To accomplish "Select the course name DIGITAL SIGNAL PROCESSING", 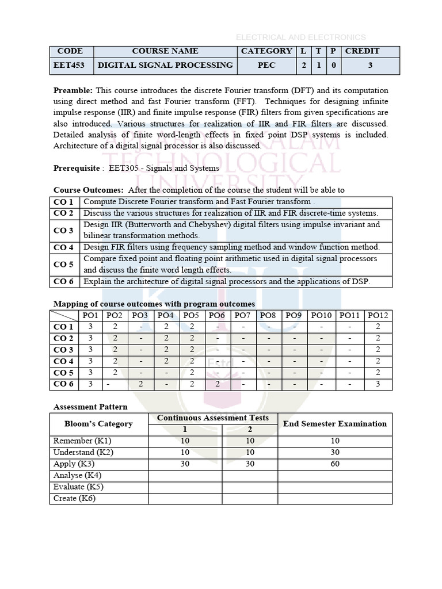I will tap(165, 66).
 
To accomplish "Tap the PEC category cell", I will tap(266, 66).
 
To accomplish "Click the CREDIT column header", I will tap(362, 51).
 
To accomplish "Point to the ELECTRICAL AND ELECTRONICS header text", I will tap(300, 37).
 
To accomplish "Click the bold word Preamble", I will tap(73, 91).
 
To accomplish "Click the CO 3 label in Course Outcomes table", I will tap(63, 230).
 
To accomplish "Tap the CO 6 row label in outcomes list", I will tap(63, 281).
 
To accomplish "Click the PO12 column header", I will tap(378, 315).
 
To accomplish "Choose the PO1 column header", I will tap(90, 315).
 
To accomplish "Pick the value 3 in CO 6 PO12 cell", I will tap(378, 384).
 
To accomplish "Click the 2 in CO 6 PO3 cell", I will tap(140, 384).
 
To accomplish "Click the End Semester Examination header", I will tap(335, 424).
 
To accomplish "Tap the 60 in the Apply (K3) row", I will tap(335, 464).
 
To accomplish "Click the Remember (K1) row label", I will tap(82, 441).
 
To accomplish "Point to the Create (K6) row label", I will tap(74, 498).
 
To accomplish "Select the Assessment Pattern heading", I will tap(90, 407).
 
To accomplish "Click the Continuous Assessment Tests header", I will tap(213, 418).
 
